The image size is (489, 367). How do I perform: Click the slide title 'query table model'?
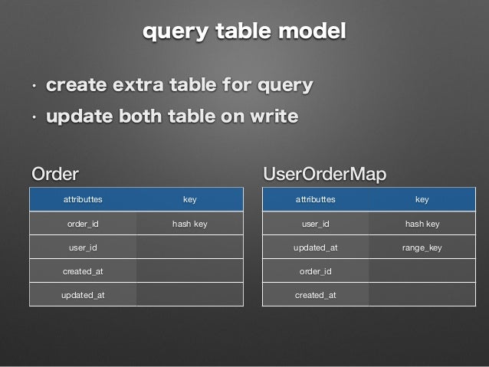click(244, 32)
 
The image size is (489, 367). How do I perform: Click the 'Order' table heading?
click(54, 173)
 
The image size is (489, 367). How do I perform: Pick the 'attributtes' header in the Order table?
click(83, 200)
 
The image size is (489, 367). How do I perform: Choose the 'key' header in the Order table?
click(189, 200)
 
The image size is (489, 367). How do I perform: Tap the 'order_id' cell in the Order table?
click(83, 224)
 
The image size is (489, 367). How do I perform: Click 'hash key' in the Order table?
click(189, 224)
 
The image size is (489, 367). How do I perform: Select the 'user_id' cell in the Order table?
click(83, 248)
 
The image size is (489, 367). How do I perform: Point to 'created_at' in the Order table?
click(83, 272)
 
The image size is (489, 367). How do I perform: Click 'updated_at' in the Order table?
click(83, 296)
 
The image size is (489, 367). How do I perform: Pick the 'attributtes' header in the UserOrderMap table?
click(315, 200)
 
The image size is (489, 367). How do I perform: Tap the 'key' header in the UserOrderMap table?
click(422, 200)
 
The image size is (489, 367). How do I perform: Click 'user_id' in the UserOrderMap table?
click(315, 224)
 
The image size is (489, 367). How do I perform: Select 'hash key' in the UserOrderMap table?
click(422, 224)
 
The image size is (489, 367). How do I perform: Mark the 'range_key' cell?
click(422, 248)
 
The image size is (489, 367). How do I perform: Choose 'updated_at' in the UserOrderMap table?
click(315, 248)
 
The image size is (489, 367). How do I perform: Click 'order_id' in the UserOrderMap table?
click(315, 272)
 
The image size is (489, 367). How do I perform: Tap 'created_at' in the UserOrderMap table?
click(315, 296)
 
